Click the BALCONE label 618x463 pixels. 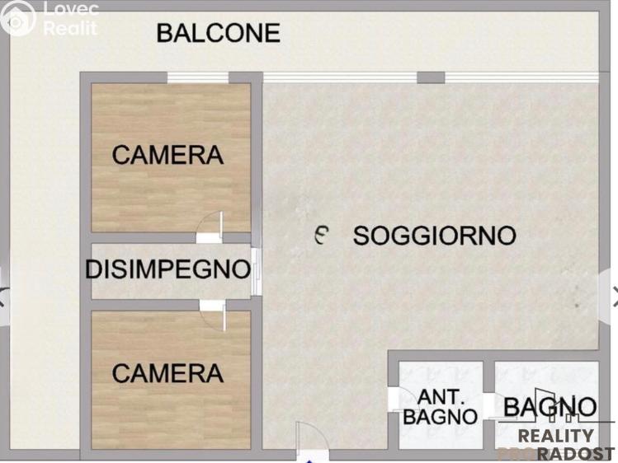[x=218, y=34]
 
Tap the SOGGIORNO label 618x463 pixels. [x=434, y=236]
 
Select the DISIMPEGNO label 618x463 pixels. [x=167, y=269]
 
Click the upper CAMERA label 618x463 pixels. [x=167, y=155]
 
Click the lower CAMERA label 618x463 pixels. [x=167, y=373]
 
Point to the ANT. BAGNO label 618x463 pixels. [x=440, y=406]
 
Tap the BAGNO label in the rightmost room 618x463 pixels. [x=550, y=406]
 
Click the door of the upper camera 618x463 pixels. [x=211, y=227]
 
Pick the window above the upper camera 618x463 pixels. [x=197, y=78]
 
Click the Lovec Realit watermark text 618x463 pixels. [x=69, y=19]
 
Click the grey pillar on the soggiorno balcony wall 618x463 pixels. [x=430, y=77]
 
